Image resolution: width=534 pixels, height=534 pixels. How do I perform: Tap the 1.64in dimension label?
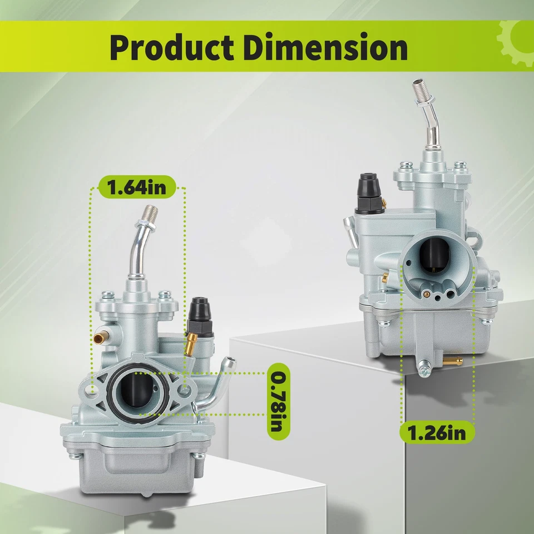(x=137, y=187)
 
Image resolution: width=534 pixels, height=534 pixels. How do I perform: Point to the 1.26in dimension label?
(x=437, y=433)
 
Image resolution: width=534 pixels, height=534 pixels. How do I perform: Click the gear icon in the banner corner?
(x=516, y=43)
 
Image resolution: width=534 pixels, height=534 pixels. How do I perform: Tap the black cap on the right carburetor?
(x=368, y=194)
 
